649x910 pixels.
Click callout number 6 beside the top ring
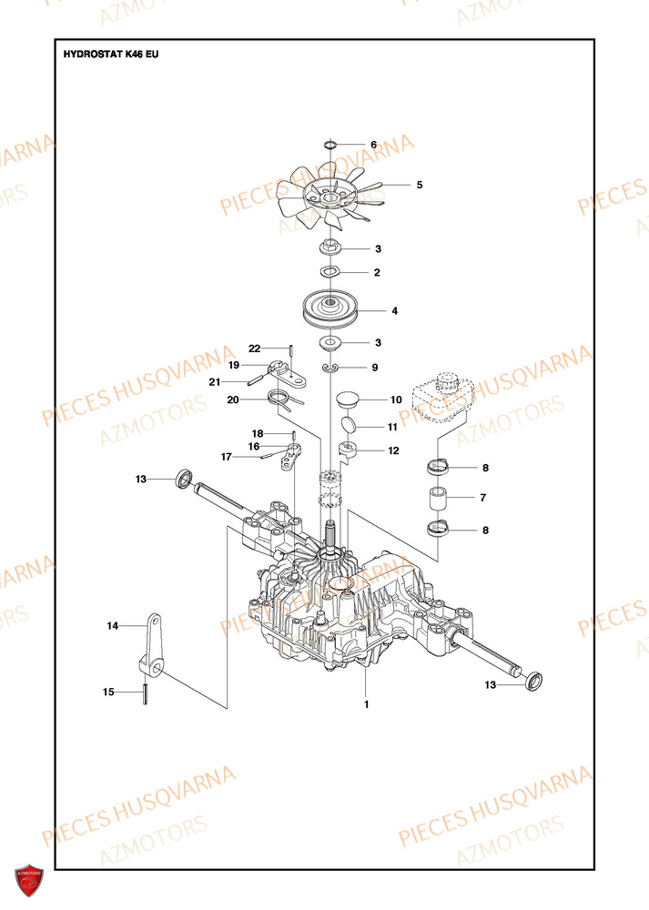pyautogui.click(x=373, y=145)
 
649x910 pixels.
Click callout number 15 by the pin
pyautogui.click(x=108, y=693)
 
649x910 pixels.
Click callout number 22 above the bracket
pyautogui.click(x=255, y=349)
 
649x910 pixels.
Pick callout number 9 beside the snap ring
pyautogui.click(x=373, y=368)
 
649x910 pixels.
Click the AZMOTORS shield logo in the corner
pyautogui.click(x=29, y=883)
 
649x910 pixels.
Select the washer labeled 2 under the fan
pyautogui.click(x=329, y=272)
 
